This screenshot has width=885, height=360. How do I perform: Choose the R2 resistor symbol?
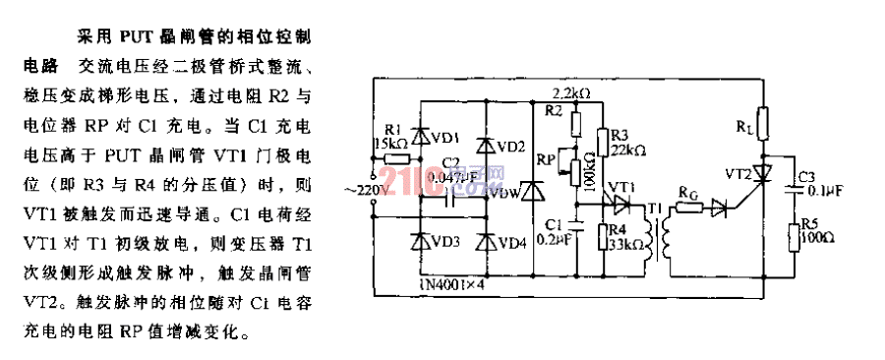point(577,124)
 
